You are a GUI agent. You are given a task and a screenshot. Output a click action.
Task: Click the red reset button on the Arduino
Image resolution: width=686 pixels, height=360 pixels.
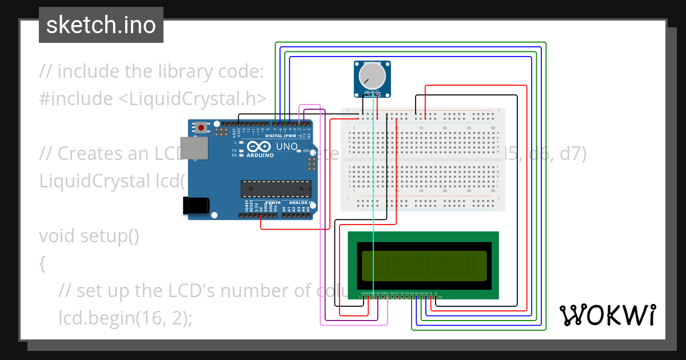pyautogui.click(x=201, y=127)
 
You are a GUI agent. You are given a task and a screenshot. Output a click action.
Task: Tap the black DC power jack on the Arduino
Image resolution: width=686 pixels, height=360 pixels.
pyautogui.click(x=195, y=206)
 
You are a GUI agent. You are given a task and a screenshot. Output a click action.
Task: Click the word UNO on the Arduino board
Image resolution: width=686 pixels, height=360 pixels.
pyautogui.click(x=288, y=147)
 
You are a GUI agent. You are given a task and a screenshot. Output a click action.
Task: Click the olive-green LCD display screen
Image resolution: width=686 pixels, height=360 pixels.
pyautogui.click(x=424, y=266)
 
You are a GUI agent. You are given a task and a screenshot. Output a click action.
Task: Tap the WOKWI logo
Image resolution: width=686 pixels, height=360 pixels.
pyautogui.click(x=608, y=315)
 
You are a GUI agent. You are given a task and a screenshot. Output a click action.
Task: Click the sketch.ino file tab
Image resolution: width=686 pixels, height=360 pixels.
pyautogui.click(x=101, y=25)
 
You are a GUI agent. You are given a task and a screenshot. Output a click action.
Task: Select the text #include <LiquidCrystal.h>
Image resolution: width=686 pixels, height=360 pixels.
pyautogui.click(x=153, y=98)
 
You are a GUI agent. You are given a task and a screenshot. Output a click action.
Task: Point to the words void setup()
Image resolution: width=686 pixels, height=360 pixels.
pyautogui.click(x=89, y=235)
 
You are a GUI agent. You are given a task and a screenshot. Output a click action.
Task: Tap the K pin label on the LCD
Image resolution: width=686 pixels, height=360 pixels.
pyautogui.click(x=436, y=293)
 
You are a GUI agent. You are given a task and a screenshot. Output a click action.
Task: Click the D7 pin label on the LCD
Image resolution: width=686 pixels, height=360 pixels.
pyautogui.click(x=426, y=293)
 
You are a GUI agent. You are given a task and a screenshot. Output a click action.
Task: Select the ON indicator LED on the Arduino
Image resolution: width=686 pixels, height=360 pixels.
pyautogui.click(x=299, y=151)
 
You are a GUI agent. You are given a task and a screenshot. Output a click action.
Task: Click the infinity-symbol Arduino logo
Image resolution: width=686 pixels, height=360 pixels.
pyautogui.click(x=266, y=147)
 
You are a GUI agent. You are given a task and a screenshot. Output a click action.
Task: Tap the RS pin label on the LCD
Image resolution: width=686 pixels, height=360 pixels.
pyautogui.click(x=378, y=293)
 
